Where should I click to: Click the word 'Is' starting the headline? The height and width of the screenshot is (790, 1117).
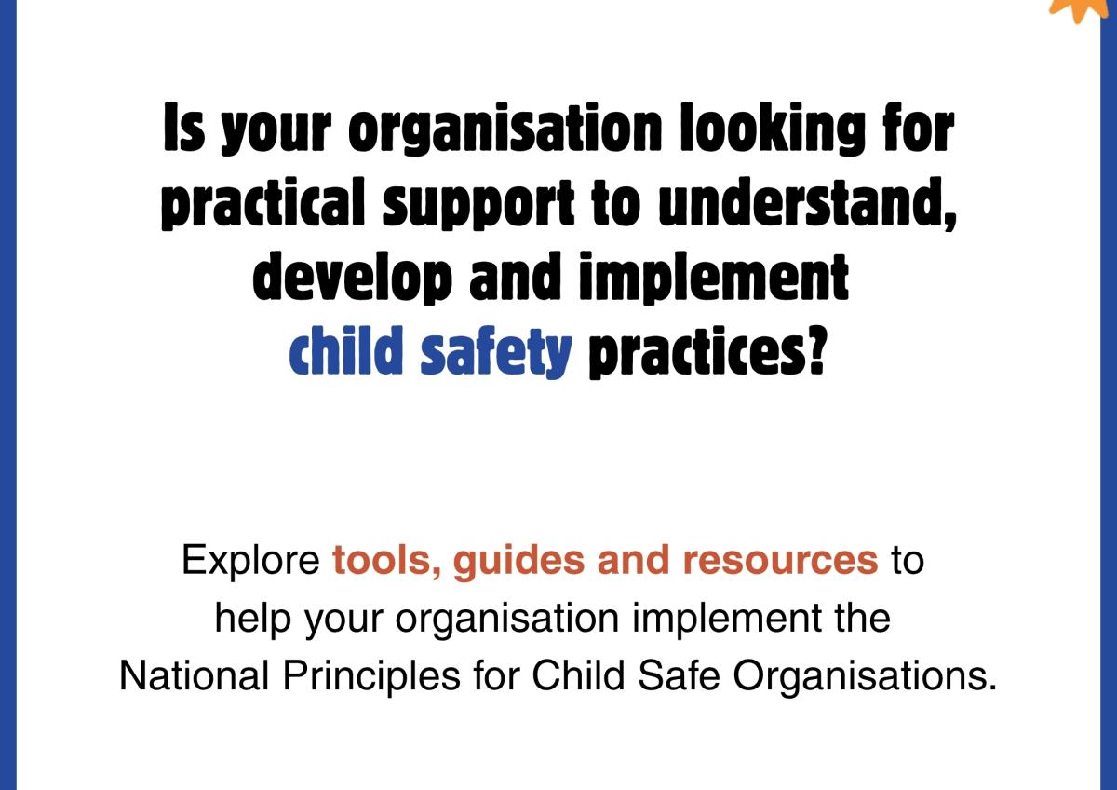(x=184, y=127)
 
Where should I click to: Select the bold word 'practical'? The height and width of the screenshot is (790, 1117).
(x=262, y=204)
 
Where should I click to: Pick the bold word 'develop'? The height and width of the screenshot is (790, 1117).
(x=353, y=278)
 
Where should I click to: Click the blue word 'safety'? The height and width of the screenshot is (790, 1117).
(x=495, y=352)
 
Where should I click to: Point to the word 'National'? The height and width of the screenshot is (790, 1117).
(x=195, y=675)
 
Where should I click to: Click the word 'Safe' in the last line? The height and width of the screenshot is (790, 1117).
(x=680, y=675)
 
